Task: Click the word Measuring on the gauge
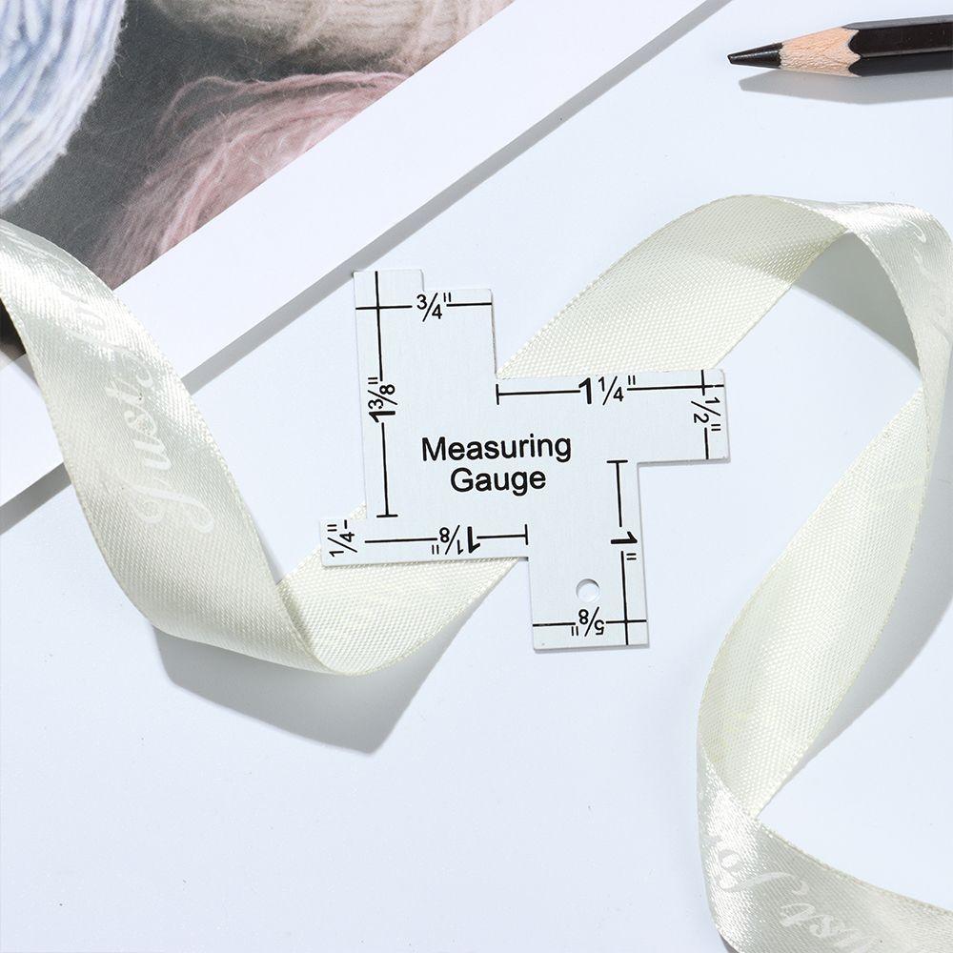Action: click(x=497, y=448)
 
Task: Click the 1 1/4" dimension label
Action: click(x=603, y=389)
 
